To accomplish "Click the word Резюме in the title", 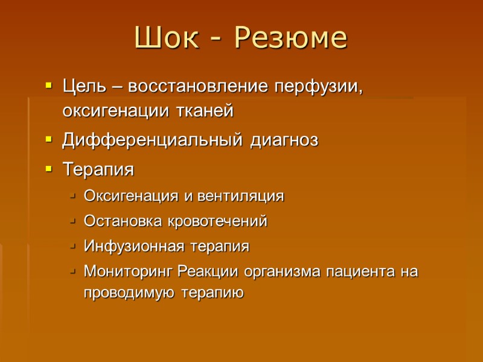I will pyautogui.click(x=290, y=39).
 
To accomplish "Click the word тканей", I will pyautogui.click(x=202, y=112).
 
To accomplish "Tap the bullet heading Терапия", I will pyautogui.click(x=98, y=170).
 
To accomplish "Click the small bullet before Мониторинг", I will pyautogui.click(x=72, y=272).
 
